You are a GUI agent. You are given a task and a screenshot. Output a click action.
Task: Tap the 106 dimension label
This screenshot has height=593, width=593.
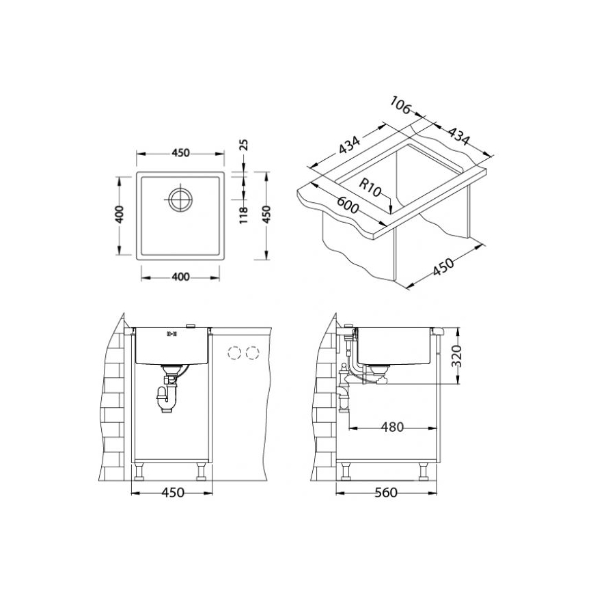[401, 107]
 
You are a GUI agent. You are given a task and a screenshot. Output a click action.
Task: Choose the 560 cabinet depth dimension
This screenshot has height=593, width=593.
[387, 493]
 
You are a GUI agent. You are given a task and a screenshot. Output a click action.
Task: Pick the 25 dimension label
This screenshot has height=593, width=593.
[243, 146]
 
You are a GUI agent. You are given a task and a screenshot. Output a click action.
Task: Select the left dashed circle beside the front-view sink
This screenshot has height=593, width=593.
[234, 353]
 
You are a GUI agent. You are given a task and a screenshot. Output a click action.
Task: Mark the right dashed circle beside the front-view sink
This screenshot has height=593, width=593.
[253, 353]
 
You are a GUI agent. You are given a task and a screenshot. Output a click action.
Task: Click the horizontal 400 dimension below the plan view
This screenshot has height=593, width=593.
[180, 277]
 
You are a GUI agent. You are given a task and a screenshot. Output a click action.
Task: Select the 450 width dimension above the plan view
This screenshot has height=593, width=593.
[180, 153]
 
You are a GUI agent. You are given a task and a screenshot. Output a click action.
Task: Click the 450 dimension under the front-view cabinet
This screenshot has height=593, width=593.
[172, 493]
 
